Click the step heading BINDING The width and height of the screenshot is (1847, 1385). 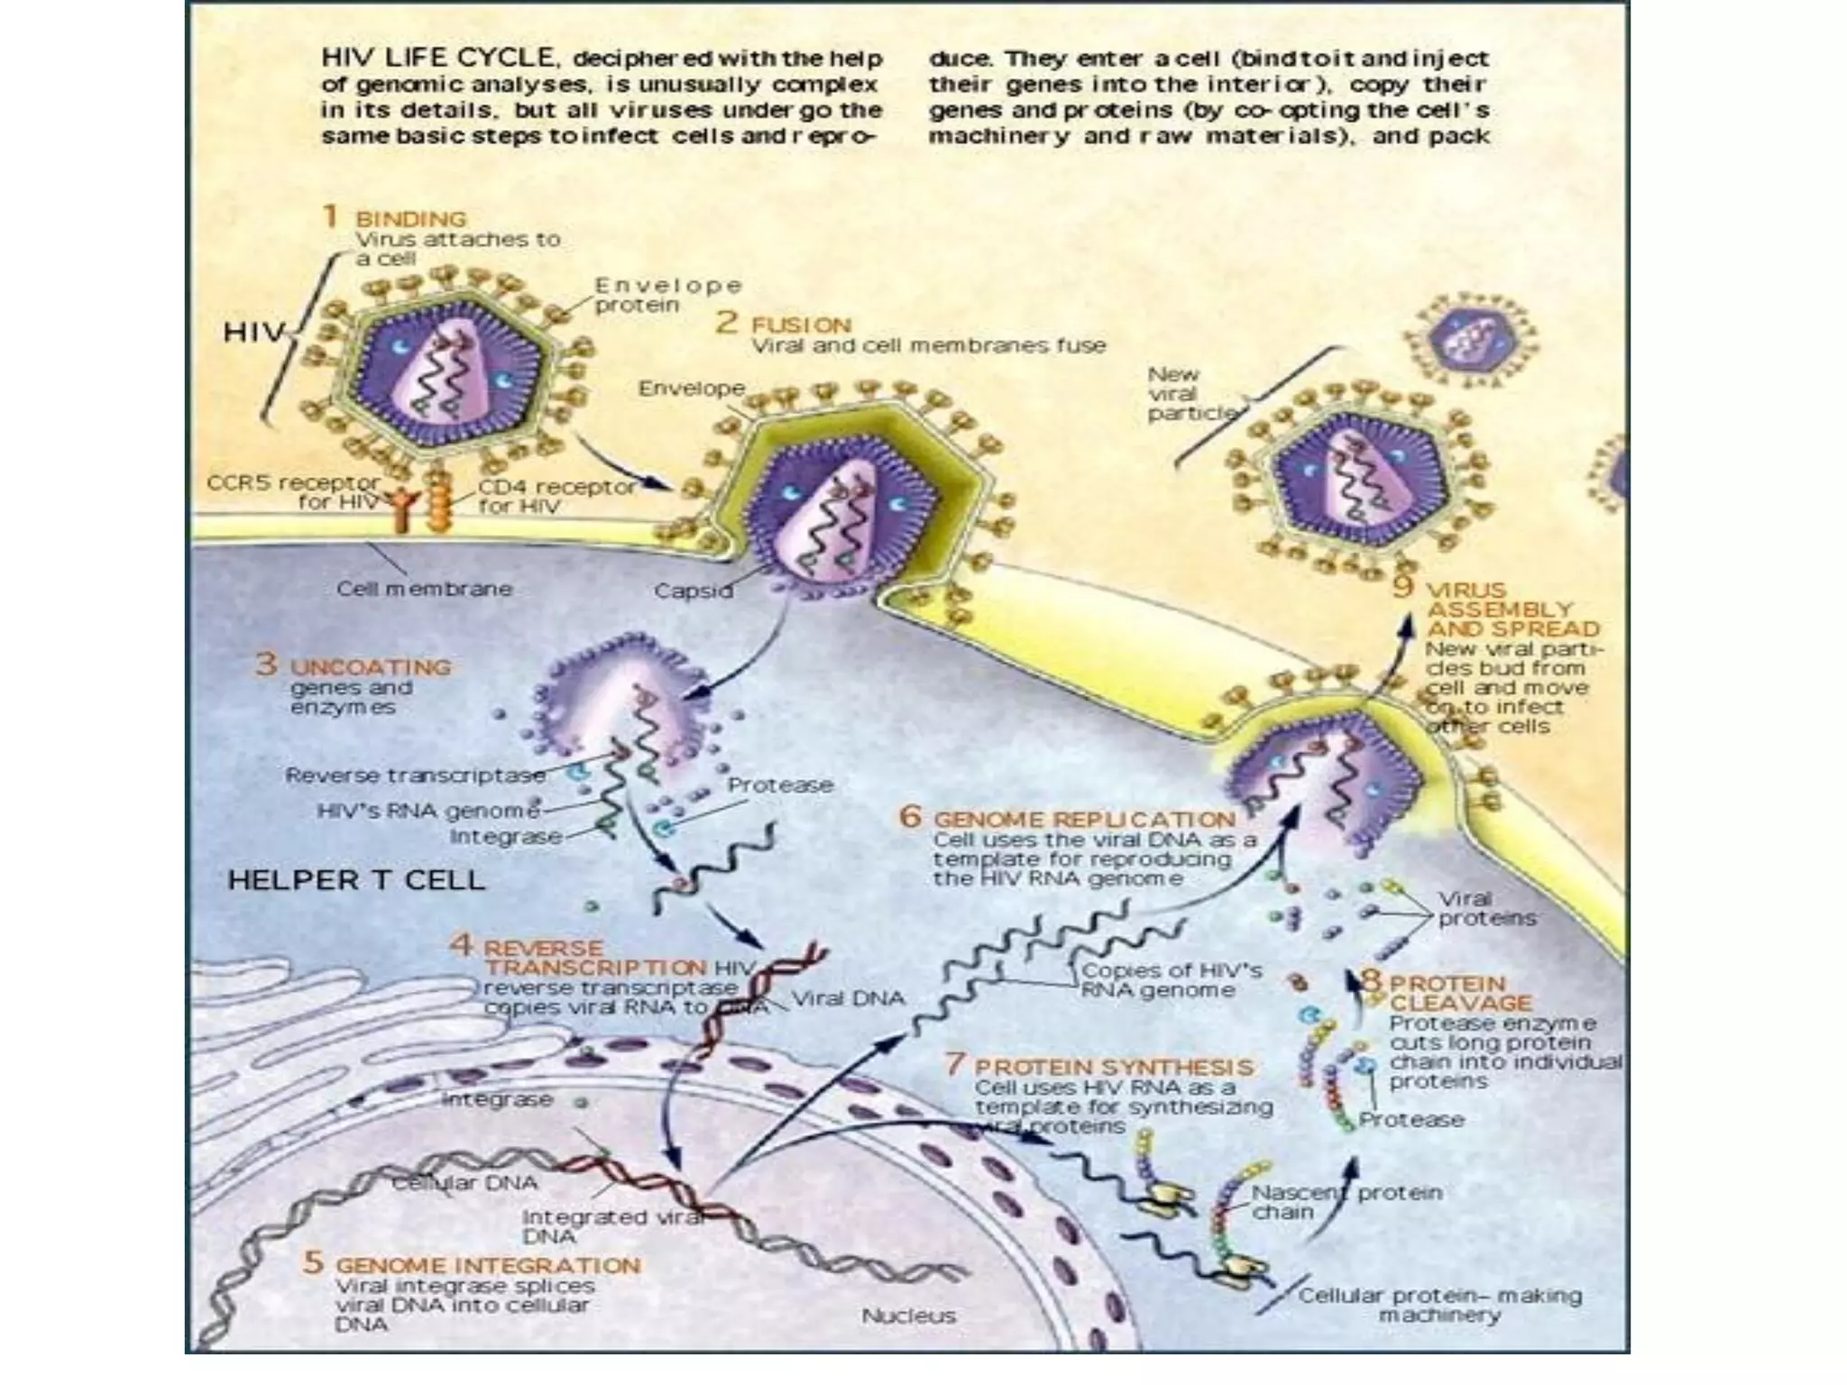[410, 219]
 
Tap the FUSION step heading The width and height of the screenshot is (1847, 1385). [801, 325]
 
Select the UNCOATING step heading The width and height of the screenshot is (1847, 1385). [370, 667]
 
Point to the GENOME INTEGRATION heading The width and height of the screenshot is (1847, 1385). [488, 1265]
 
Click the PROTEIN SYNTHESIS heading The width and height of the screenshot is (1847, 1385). [1114, 1068]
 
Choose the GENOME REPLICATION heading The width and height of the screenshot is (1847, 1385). [1084, 820]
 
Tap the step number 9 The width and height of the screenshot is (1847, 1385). [1402, 587]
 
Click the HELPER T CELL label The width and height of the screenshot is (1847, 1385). [356, 880]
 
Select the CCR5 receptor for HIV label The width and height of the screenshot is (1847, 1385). [293, 492]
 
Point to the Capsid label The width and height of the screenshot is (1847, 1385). [693, 592]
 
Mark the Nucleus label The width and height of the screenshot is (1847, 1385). [908, 1316]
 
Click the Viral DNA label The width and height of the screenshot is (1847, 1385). [848, 998]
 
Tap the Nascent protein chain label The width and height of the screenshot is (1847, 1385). [1346, 1202]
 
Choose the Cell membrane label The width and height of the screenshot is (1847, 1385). [424, 589]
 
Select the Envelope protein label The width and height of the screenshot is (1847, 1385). [667, 295]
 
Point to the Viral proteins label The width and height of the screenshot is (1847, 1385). [1486, 909]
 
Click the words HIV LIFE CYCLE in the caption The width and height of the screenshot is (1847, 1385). [437, 59]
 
